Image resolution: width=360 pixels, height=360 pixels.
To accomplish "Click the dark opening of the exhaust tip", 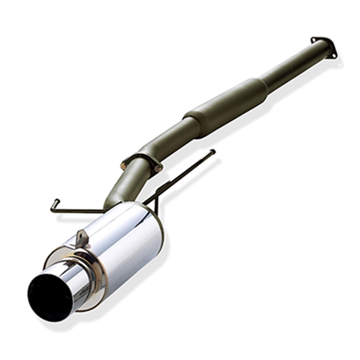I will pyautogui.click(x=45, y=295).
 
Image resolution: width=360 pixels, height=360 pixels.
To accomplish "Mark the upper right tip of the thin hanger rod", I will pyautogui.click(x=212, y=151).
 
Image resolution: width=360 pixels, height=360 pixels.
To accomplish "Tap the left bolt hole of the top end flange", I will pyautogui.click(x=313, y=39).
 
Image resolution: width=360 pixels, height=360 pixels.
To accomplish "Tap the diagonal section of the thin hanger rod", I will pyautogui.click(x=180, y=176).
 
